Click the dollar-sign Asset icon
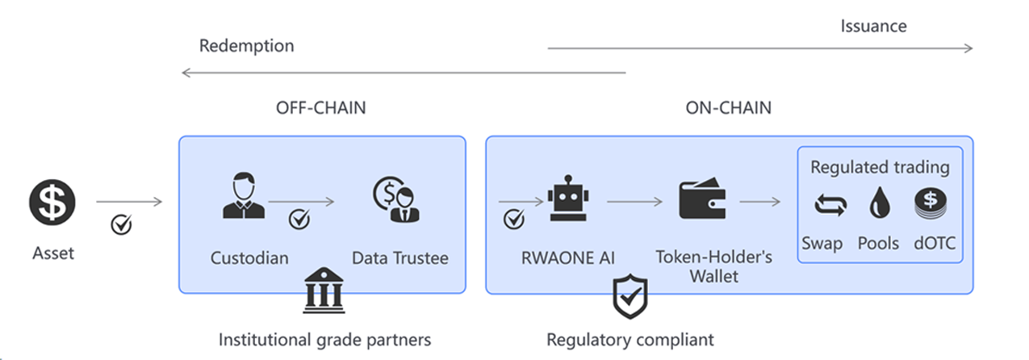[52, 203]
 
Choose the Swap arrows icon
[830, 207]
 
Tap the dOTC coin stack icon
[930, 204]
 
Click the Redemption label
[247, 46]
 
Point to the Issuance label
[873, 26]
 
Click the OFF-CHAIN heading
[320, 108]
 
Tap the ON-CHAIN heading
[728, 108]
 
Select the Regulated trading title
[880, 168]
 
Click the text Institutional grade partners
[325, 339]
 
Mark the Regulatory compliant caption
[630, 339]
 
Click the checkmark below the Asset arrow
[121, 225]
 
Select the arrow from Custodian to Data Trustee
[301, 202]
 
